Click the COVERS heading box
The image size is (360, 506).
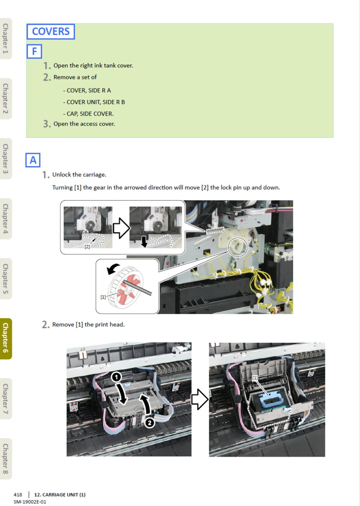(x=51, y=31)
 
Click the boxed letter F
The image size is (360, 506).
(x=34, y=51)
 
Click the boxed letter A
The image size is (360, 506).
(x=33, y=160)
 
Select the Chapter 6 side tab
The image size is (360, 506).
(x=5, y=339)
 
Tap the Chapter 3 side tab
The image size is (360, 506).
(x=5, y=159)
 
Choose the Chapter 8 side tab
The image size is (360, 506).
(x=5, y=459)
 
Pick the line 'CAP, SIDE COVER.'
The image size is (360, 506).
(x=88, y=114)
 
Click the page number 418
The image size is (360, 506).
(x=18, y=495)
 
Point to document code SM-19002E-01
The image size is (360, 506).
(x=30, y=502)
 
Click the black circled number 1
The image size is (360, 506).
(x=116, y=377)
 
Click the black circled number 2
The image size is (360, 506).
(x=149, y=423)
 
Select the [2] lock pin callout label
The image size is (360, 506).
(x=87, y=247)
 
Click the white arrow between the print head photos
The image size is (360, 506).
(x=200, y=399)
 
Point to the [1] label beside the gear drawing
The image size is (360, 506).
(x=103, y=297)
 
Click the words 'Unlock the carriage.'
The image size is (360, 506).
(x=79, y=175)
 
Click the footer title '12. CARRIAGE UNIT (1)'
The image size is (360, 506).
(x=60, y=495)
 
